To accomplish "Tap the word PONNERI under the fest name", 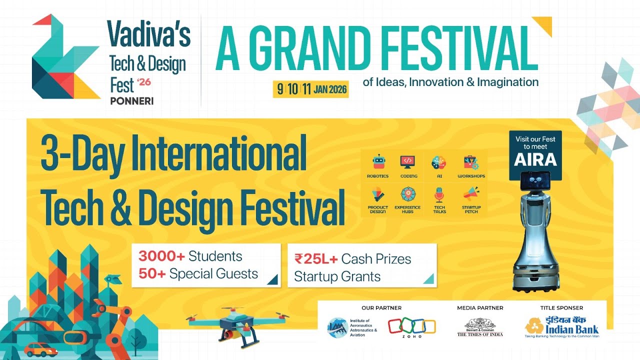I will pos(131,100).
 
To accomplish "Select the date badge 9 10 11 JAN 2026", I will pos(310,89).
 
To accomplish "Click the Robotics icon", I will pos(378,162).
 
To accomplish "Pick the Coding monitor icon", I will pos(407,162).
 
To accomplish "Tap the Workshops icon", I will pos(471,162).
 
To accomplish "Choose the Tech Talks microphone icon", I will pos(439,194).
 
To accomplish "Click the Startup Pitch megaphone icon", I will pos(471,193).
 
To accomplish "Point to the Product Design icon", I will pos(378,194).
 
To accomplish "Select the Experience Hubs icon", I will pos(407,194).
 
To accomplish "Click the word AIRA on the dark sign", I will pos(535,159).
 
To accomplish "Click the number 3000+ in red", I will pos(162,256).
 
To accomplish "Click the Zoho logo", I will pos(412,327).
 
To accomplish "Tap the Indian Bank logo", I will pos(561,327).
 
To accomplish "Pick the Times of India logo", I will pos(480,328).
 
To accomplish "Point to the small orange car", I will pos(41,349).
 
